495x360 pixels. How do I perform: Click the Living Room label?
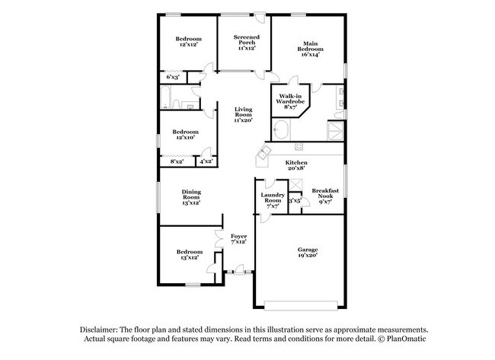tap(243, 114)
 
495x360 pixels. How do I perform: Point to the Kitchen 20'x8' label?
tap(296, 167)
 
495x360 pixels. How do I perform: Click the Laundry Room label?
tap(273, 200)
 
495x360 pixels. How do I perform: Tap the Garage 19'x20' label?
tap(308, 253)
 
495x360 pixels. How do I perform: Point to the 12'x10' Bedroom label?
tap(185, 135)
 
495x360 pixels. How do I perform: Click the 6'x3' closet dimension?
tap(173, 77)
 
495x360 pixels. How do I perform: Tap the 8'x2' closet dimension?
tap(176, 161)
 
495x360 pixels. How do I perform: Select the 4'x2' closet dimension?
tap(206, 161)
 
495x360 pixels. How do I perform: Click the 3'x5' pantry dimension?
tap(295, 200)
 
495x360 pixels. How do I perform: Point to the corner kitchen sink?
tap(263, 156)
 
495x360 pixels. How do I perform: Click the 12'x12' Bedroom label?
tap(188, 42)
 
